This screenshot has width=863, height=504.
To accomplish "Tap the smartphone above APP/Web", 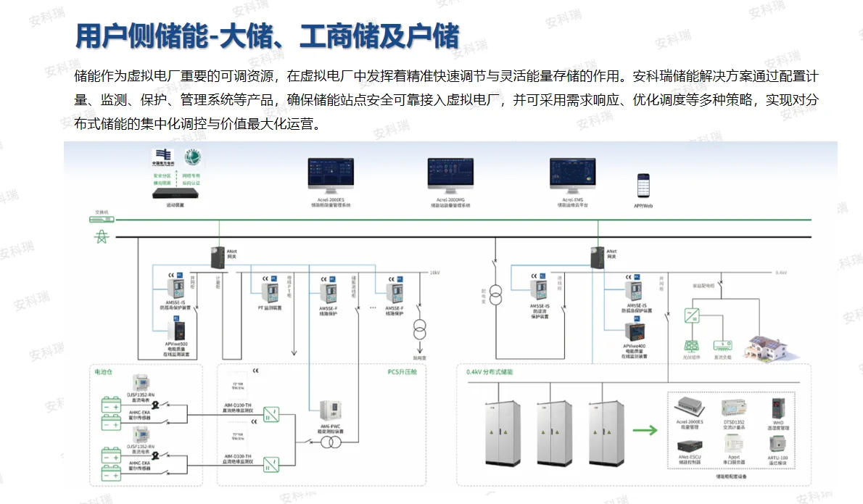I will [643, 186].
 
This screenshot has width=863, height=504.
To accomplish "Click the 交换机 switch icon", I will [102, 219].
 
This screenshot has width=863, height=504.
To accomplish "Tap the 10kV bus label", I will [434, 273].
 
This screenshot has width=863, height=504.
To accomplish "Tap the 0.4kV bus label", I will [781, 273].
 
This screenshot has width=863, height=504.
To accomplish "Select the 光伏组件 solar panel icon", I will [691, 346].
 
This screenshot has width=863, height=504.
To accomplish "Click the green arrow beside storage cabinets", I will [644, 429].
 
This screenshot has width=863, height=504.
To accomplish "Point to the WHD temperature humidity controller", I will [778, 407].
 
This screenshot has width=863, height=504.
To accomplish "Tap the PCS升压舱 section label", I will [402, 371].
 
